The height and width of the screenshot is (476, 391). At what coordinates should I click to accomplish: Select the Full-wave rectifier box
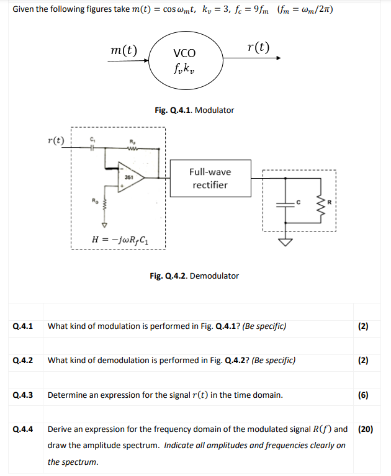point(210,179)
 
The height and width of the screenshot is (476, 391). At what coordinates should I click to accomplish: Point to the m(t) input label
point(123,49)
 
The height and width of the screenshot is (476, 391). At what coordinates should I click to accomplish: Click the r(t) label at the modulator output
point(258,47)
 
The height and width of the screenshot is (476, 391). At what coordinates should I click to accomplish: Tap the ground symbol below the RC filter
point(287,242)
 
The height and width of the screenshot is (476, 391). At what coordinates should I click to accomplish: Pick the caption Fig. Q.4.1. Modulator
point(194,110)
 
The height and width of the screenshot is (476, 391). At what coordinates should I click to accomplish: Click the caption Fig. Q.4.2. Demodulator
point(194,276)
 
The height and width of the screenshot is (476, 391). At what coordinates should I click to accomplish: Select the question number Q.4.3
point(23,394)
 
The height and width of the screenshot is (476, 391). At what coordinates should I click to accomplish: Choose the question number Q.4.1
point(23,326)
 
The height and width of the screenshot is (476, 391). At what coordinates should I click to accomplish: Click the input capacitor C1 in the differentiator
point(92,148)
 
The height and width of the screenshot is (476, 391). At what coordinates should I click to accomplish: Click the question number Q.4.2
point(23,360)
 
